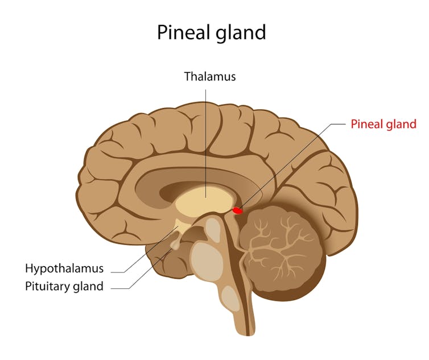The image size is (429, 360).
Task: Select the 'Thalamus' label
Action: coord(209,76)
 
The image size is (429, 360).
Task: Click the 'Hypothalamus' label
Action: coord(64,268)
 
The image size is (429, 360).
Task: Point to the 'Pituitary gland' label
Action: coord(64,286)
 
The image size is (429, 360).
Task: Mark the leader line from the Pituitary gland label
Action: coord(142,276)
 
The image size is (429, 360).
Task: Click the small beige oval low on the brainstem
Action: coord(230,297)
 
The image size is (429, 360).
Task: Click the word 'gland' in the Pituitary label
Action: coord(88,286)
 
